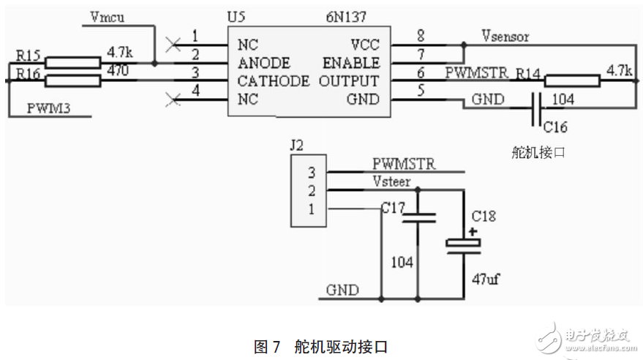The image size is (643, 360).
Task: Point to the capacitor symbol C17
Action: click(417, 217)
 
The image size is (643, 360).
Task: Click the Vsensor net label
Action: click(505, 35)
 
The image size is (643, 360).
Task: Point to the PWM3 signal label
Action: click(50, 108)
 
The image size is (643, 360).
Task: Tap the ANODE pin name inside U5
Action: click(263, 63)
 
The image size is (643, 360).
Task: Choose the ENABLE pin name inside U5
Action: click(350, 63)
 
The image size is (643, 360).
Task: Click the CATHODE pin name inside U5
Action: click(273, 80)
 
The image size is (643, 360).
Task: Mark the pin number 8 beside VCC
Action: click(420, 35)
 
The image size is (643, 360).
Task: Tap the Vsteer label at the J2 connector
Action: click(391, 181)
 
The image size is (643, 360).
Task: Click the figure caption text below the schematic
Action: click(320, 346)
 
